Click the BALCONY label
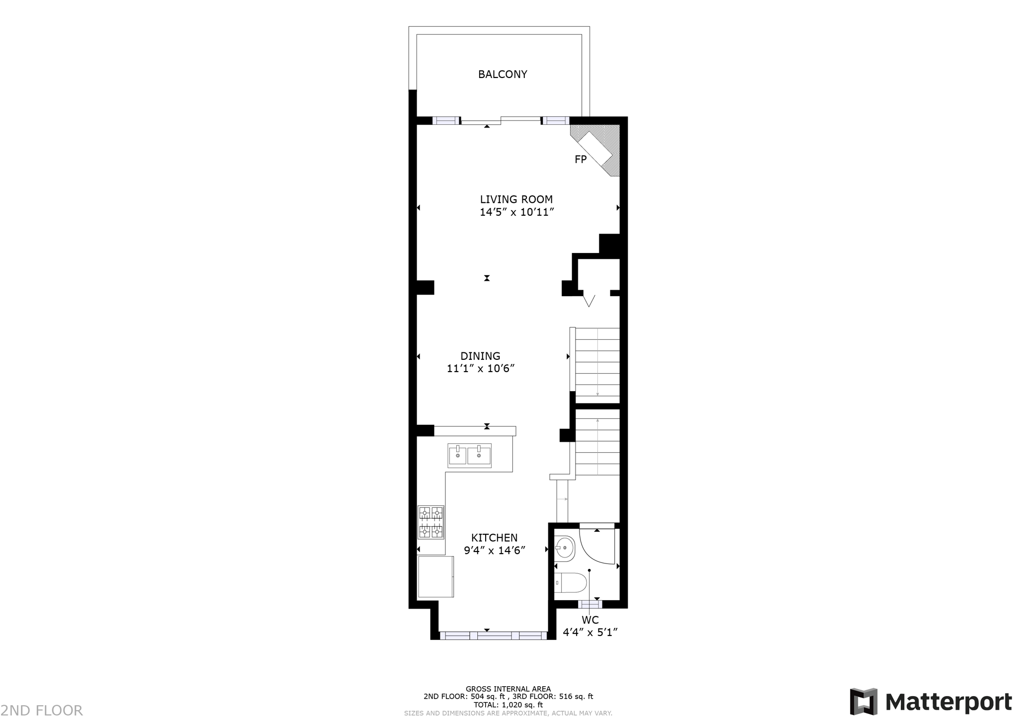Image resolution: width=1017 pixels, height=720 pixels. pyautogui.click(x=502, y=75)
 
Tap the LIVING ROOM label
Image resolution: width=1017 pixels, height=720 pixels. pyautogui.click(x=516, y=200)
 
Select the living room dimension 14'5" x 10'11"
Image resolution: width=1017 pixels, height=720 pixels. pyautogui.click(x=516, y=213)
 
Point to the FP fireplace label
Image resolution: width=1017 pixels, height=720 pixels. pyautogui.click(x=580, y=160)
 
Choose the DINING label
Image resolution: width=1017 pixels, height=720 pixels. pyautogui.click(x=480, y=356)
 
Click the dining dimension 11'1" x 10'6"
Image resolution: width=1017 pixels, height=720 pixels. pyautogui.click(x=480, y=369)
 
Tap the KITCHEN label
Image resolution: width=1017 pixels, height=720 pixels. pyautogui.click(x=494, y=538)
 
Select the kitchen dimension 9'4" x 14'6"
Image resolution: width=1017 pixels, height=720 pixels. pyautogui.click(x=495, y=551)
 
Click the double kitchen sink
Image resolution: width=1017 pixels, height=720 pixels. pyautogui.click(x=469, y=456)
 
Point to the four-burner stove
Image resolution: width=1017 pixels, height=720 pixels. pyautogui.click(x=431, y=522)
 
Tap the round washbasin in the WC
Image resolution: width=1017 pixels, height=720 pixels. pyautogui.click(x=564, y=548)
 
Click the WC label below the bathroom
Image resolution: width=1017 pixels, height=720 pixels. pyautogui.click(x=590, y=620)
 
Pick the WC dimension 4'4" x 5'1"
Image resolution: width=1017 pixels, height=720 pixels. pyautogui.click(x=590, y=633)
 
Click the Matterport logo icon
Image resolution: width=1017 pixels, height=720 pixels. pyautogui.click(x=863, y=702)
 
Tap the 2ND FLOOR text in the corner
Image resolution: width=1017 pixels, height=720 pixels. pyautogui.click(x=42, y=710)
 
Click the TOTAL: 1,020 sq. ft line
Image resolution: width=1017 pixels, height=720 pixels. pyautogui.click(x=508, y=705)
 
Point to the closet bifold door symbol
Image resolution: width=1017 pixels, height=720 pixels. pyautogui.click(x=589, y=300)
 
